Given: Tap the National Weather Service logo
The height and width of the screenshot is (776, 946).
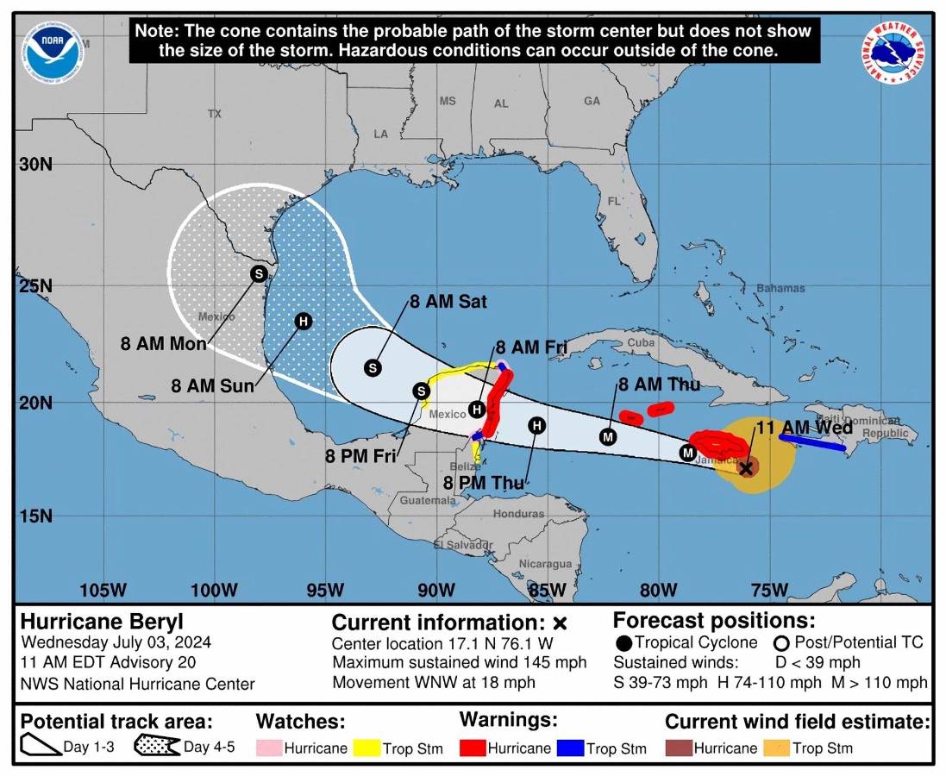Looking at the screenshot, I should click(892, 52).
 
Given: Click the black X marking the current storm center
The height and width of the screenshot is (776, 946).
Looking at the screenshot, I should click(747, 467).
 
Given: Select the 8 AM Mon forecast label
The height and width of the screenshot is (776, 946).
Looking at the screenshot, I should click(164, 344).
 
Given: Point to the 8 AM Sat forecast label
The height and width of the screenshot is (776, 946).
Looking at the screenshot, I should click(448, 302).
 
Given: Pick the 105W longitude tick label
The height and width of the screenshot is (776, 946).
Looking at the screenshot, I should click(103, 591).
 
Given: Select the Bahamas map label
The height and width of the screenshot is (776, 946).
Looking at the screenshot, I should click(780, 288).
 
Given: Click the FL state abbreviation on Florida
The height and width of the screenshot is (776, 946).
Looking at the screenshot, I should click(614, 201).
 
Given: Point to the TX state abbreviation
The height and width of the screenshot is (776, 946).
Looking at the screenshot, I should click(215, 114).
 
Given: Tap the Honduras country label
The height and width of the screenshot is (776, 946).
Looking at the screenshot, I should click(518, 514).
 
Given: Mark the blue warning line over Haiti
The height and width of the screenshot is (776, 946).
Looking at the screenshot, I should click(811, 442).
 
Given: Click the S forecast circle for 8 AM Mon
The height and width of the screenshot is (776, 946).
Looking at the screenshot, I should click(258, 273).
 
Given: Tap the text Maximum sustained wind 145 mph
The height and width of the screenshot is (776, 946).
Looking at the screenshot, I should click(459, 662).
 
